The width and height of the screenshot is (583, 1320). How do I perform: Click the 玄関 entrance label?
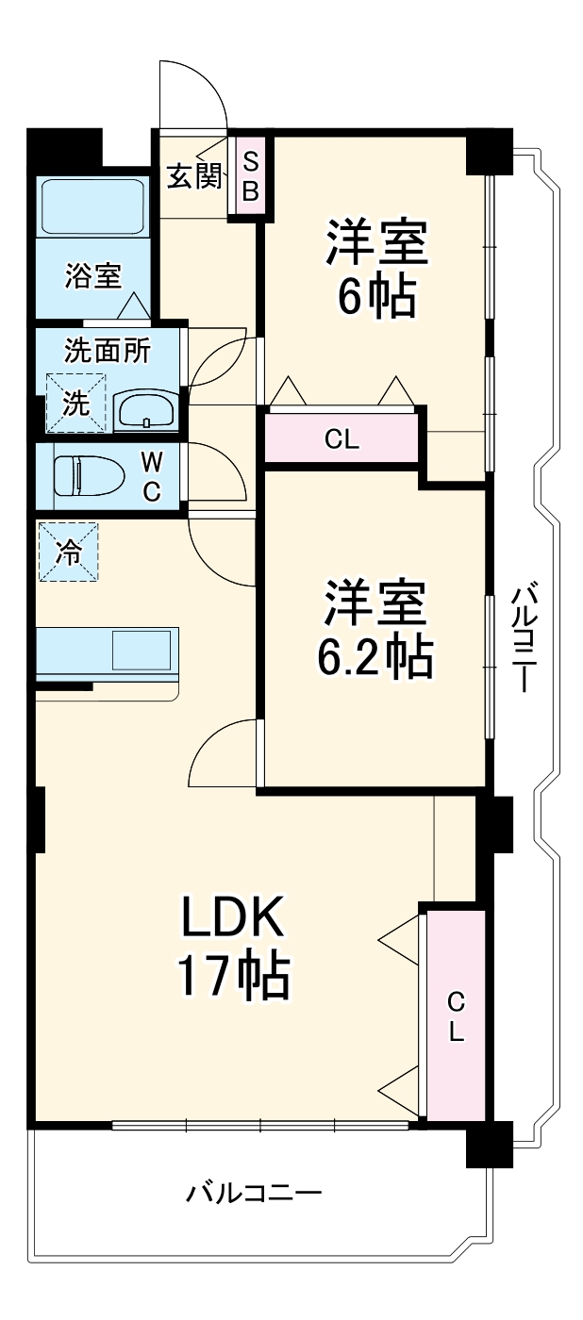195,175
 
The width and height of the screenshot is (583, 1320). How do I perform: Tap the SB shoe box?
250,175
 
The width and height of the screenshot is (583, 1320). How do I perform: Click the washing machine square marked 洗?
75,403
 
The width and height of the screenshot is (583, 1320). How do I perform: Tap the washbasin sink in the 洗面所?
144,411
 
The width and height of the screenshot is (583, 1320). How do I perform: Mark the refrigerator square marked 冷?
68,553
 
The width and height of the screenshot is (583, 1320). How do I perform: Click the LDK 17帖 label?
232,948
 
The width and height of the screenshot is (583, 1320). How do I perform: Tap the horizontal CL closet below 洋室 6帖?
341,439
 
